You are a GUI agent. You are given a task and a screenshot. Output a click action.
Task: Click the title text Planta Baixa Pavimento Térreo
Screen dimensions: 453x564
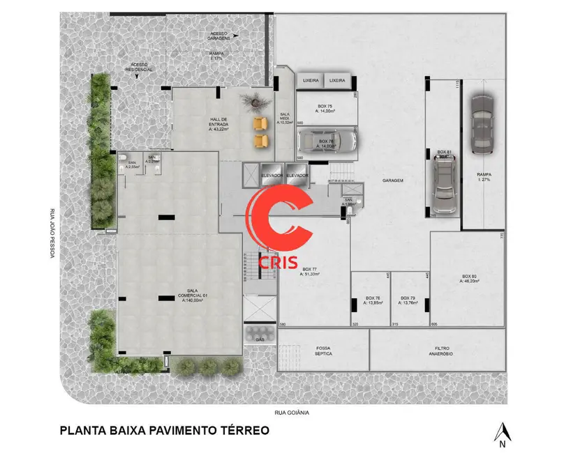coord(164,430)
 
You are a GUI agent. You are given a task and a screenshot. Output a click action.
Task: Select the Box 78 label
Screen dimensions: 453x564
coord(373,300)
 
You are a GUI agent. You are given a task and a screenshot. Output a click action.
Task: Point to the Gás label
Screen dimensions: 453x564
coord(260,339)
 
